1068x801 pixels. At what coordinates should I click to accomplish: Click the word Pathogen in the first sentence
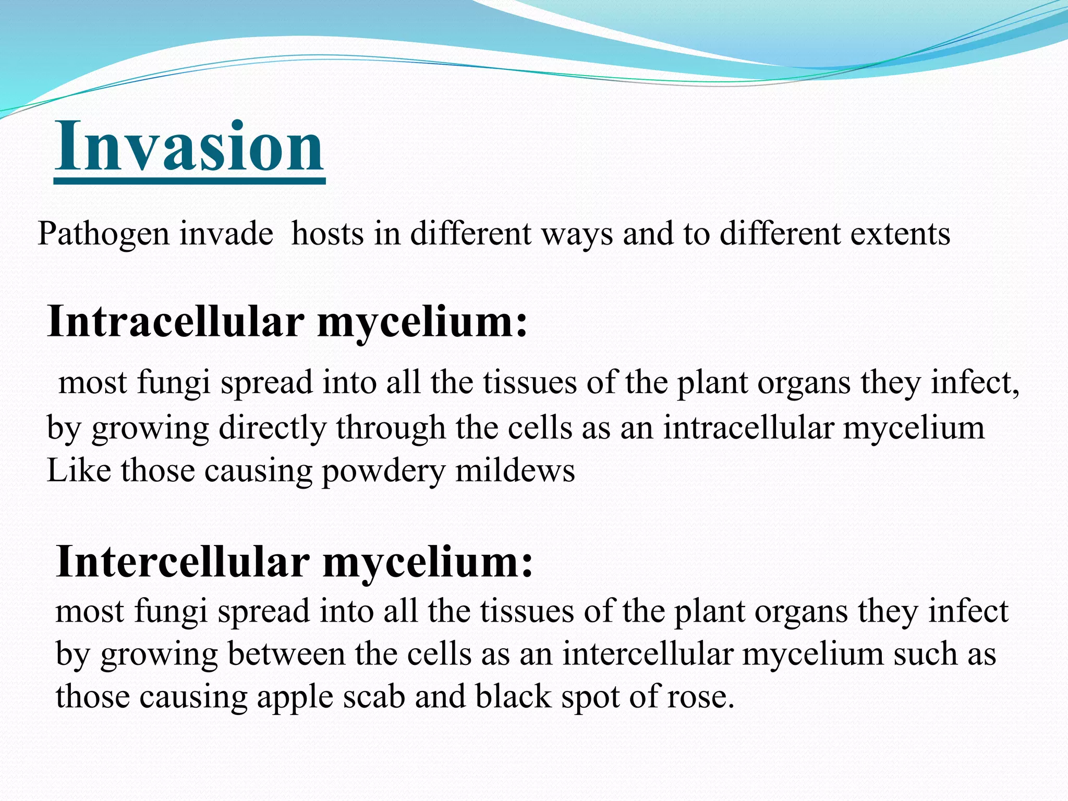click(x=103, y=234)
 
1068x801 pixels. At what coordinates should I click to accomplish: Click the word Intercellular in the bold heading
click(x=183, y=562)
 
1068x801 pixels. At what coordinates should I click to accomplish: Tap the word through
click(x=391, y=428)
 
